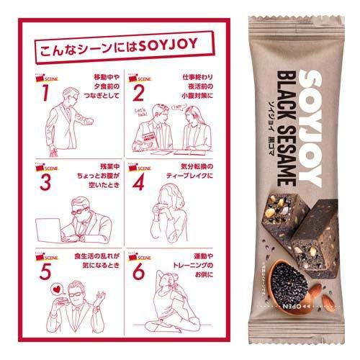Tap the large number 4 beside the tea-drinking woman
[138, 179]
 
